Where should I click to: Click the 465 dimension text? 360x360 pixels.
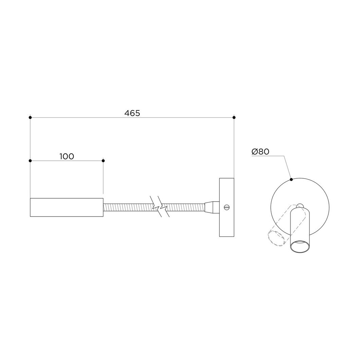(x=132, y=113)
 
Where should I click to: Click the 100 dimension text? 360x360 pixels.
(x=67, y=157)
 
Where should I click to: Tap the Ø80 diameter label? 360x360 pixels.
(x=260, y=152)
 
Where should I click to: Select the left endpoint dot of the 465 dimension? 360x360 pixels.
(x=30, y=118)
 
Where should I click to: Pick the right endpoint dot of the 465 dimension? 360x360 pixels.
(x=234, y=118)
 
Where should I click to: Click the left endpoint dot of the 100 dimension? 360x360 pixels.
(x=30, y=161)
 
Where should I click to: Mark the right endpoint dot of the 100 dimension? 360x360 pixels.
(x=103, y=161)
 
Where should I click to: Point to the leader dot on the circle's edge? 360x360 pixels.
(x=291, y=180)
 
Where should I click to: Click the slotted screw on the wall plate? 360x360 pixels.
(x=227, y=207)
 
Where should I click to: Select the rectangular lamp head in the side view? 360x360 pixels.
(x=67, y=207)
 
